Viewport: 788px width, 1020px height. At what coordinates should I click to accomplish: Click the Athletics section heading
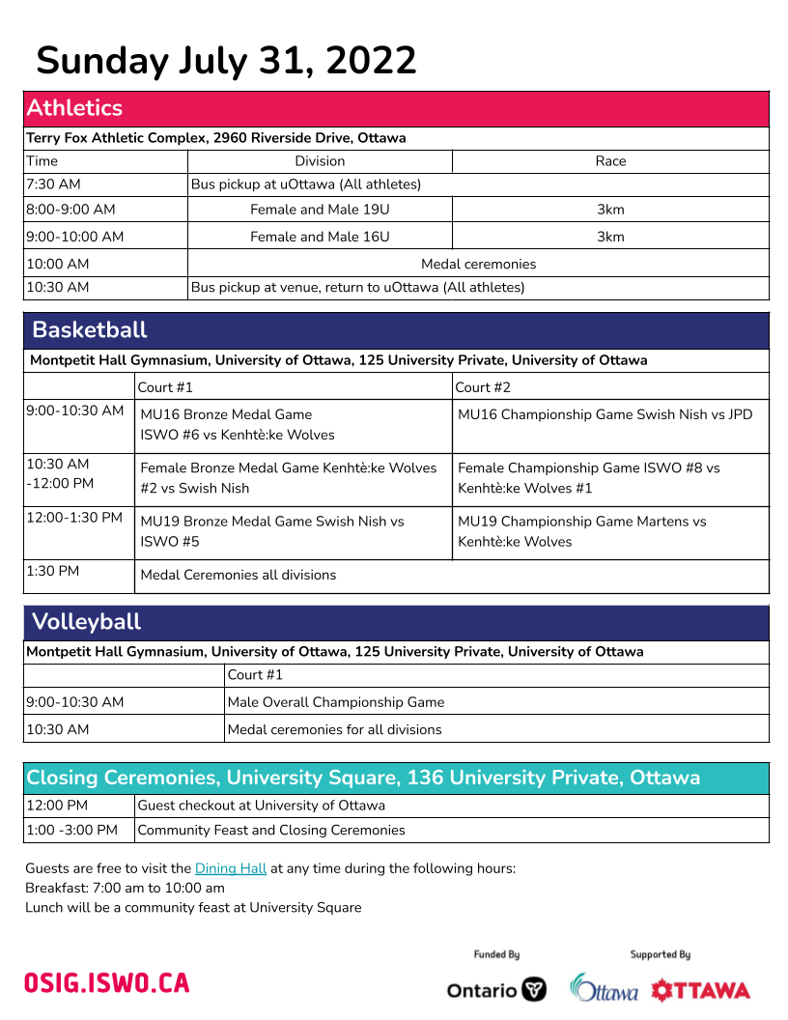tap(75, 108)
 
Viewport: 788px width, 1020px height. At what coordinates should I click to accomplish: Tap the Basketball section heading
tap(90, 330)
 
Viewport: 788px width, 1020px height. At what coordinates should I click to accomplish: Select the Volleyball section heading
tap(87, 622)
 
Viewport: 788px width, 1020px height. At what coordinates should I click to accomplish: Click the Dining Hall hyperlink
tap(231, 868)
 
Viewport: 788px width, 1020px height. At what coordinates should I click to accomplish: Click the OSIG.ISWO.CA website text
tap(107, 983)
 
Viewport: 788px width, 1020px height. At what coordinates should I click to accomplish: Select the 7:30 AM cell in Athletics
tap(54, 184)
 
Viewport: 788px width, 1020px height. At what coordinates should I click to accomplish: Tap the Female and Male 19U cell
tap(320, 210)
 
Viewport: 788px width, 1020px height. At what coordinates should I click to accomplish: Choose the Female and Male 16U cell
tap(320, 237)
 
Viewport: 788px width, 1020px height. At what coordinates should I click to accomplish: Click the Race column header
tap(610, 161)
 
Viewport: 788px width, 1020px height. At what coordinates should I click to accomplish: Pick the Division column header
tap(320, 161)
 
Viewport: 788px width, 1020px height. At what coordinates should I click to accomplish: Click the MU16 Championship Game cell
tap(605, 415)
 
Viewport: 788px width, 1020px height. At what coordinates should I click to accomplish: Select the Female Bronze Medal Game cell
tap(289, 478)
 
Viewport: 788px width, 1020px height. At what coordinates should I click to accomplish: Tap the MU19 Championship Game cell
tap(582, 531)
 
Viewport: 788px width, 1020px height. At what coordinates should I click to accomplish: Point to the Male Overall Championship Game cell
tap(336, 702)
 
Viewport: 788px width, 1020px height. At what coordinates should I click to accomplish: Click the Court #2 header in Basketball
tap(483, 387)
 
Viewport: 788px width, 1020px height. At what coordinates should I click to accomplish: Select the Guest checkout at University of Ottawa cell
tap(262, 806)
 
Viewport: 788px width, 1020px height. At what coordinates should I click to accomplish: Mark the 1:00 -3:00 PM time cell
tap(72, 830)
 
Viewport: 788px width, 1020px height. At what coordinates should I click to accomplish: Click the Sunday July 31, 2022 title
tap(227, 61)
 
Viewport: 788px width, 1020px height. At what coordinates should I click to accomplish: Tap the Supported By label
tap(661, 954)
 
